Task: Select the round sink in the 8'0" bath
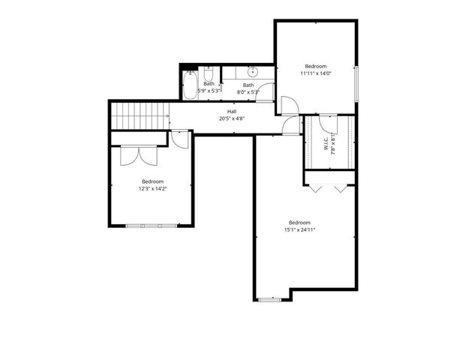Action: point(253,73)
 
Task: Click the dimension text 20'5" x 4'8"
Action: point(232,118)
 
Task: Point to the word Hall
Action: point(232,111)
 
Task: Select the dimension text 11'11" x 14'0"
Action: point(316,73)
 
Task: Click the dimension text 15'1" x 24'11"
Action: point(299,230)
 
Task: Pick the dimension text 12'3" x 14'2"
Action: point(152,189)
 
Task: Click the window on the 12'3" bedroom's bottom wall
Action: point(153,225)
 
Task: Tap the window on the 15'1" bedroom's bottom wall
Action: point(269,299)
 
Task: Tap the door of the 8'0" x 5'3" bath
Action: point(287,106)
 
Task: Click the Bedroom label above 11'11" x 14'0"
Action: point(316,66)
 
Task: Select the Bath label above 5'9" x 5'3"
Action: point(209,83)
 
